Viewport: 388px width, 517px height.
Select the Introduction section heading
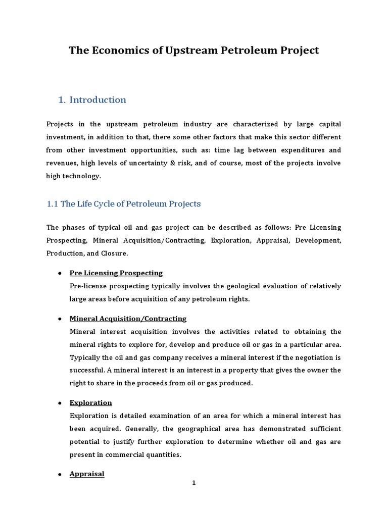pyautogui.click(x=98, y=100)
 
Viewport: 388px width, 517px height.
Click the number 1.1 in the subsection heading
pyautogui.click(x=53, y=204)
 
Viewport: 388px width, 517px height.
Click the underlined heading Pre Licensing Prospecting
pyautogui.click(x=116, y=273)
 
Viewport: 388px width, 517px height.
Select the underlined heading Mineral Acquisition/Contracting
pyautogui.click(x=128, y=319)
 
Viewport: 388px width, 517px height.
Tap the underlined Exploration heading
pyautogui.click(x=90, y=403)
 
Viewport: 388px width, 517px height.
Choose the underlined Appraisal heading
pyautogui.click(x=87, y=474)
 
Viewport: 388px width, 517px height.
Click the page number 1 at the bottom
pyautogui.click(x=193, y=483)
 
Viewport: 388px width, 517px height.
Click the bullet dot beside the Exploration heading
pyautogui.click(x=60, y=403)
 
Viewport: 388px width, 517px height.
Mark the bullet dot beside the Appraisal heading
pyautogui.click(x=60, y=475)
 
